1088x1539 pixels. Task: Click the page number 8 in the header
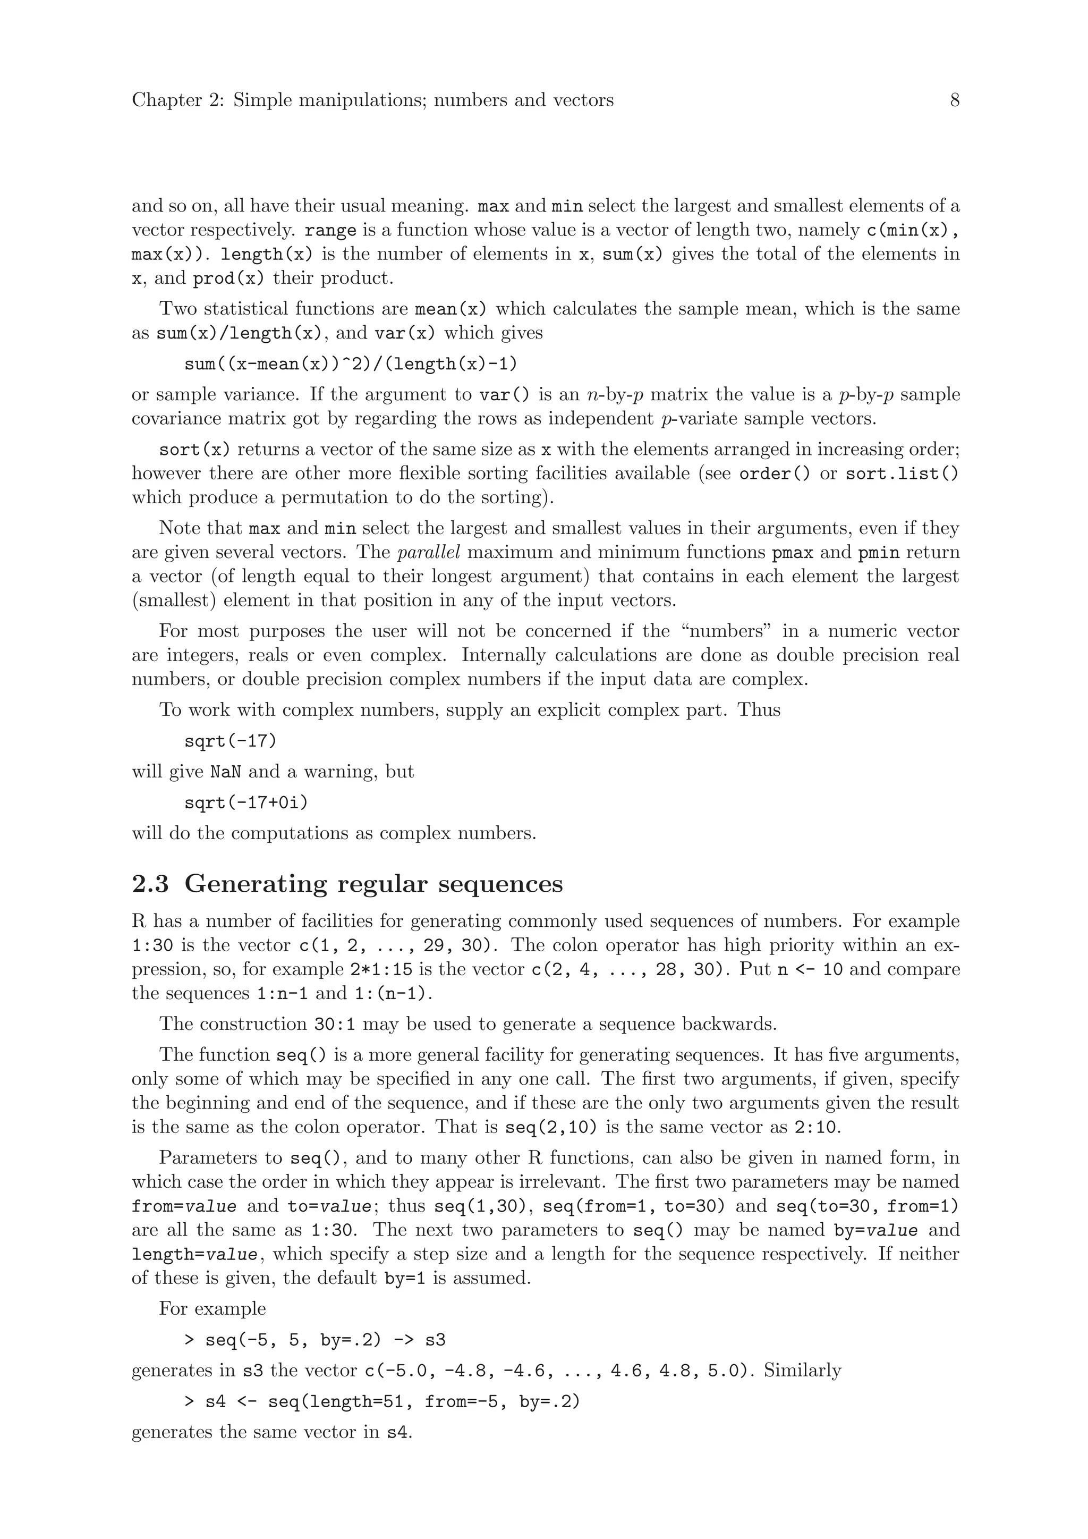[x=955, y=100]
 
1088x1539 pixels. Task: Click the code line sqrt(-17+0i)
[x=246, y=802]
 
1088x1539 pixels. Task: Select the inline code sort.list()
[x=902, y=474]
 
